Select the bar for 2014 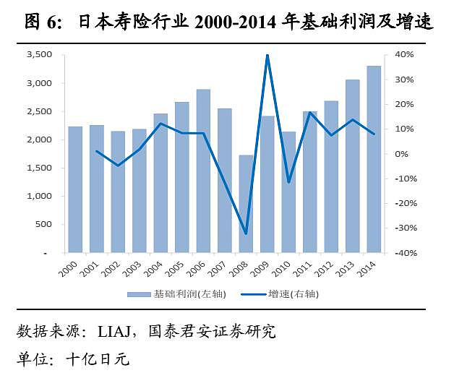373,159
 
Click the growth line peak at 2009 267,55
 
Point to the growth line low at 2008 247,233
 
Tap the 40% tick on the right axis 403,55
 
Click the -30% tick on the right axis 403,228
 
